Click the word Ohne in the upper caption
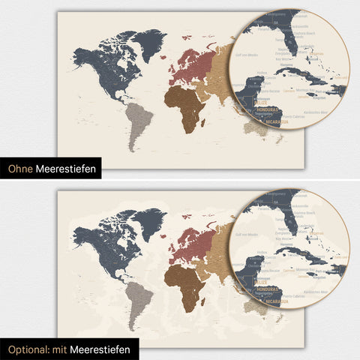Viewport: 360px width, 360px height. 20,170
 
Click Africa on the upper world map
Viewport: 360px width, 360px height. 185,105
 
